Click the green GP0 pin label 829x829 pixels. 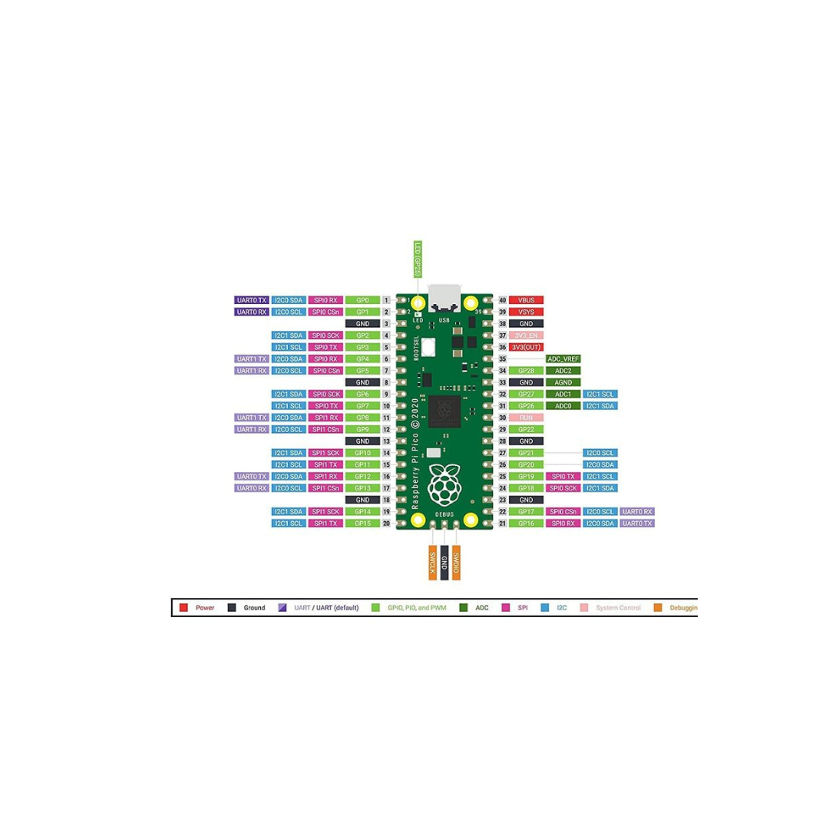[363, 300]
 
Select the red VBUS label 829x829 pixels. [527, 300]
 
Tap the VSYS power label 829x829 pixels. [527, 312]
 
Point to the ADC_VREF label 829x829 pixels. [563, 358]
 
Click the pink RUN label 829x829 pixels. [527, 418]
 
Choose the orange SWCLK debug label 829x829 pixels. [433, 565]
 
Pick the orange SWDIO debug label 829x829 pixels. [456, 565]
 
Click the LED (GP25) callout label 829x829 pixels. [418, 259]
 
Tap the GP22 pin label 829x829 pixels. [527, 429]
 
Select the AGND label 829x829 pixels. [563, 382]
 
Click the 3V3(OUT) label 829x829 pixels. [527, 347]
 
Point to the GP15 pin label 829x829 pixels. [363, 523]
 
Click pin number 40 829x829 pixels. [502, 300]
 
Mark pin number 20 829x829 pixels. [387, 523]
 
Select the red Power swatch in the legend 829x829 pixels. [183, 608]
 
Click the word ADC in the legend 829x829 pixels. [482, 608]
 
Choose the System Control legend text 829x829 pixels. [618, 608]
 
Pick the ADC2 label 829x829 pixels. [563, 371]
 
